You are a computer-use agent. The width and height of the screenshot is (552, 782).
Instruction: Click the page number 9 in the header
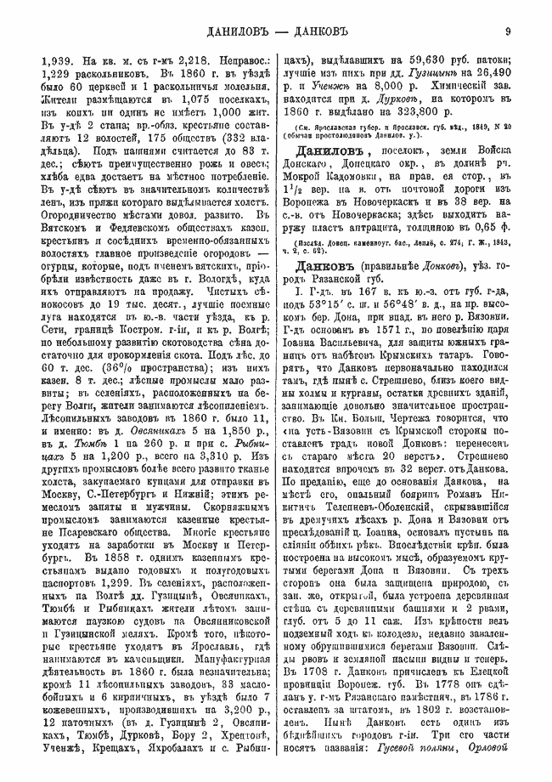pyautogui.click(x=506, y=33)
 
